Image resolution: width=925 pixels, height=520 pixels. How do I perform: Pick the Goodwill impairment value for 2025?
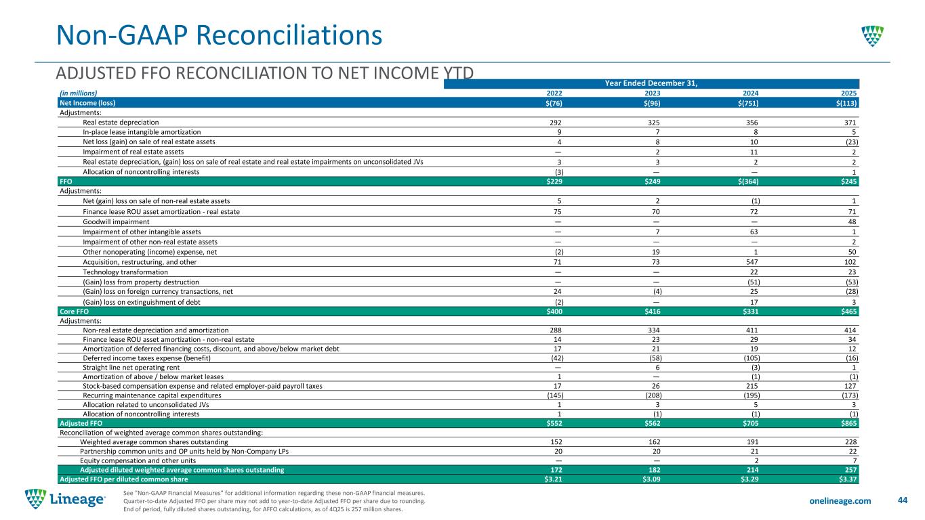pyautogui.click(x=854, y=221)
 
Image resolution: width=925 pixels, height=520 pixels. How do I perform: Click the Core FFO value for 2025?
pyautogui.click(x=847, y=311)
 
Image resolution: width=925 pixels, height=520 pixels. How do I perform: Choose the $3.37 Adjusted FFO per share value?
pyautogui.click(x=847, y=479)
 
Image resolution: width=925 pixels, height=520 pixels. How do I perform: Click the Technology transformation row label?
pyautogui.click(x=125, y=272)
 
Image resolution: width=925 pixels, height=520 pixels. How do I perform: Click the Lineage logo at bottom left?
pyautogui.click(x=65, y=500)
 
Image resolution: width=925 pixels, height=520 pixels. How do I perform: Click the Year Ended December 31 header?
pyautogui.click(x=651, y=83)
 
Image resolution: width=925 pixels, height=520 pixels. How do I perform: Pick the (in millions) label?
pyautogui.click(x=79, y=93)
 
